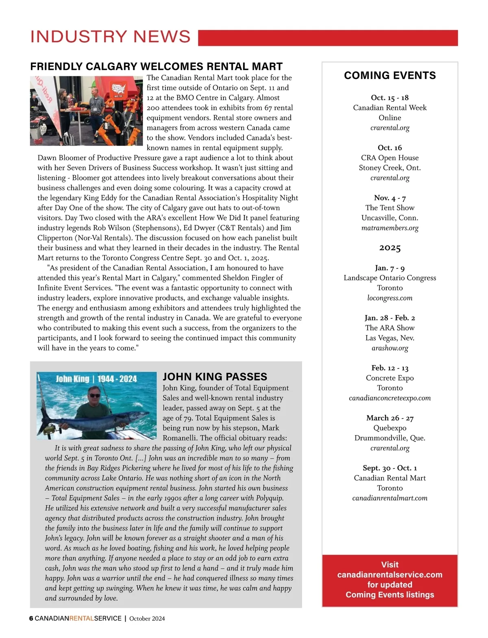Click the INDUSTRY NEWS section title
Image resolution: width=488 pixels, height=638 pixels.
pos(110,37)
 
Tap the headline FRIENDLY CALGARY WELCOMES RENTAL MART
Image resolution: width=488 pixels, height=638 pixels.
pos(156,66)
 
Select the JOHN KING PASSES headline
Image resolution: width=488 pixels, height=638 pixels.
pos(215,377)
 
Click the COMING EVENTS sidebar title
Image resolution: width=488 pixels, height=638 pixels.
pos(390,75)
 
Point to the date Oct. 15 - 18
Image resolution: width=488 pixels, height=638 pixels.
pos(390,98)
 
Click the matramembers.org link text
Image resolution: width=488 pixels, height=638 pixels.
pos(390,228)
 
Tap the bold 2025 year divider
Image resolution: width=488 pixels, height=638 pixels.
pos(390,248)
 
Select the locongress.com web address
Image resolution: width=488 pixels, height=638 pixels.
pos(390,298)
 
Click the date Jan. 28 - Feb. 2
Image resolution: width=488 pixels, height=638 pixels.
pos(390,318)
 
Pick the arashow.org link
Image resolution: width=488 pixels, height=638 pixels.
pos(390,348)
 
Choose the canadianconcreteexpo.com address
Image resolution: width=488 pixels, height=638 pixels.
pos(390,398)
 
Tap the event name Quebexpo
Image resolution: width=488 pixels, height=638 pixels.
pos(390,428)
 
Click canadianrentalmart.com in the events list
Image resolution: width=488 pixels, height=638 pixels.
pos(390,498)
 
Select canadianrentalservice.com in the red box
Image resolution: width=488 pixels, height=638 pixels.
pos(390,575)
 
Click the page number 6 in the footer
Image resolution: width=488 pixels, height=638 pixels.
pos(31,618)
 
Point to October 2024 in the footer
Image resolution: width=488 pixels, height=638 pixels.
pos(147,618)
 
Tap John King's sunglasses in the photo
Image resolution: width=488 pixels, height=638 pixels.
pos(94,395)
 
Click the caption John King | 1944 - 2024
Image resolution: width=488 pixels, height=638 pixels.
pos(96,379)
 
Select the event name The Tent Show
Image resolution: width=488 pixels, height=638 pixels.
pos(390,208)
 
